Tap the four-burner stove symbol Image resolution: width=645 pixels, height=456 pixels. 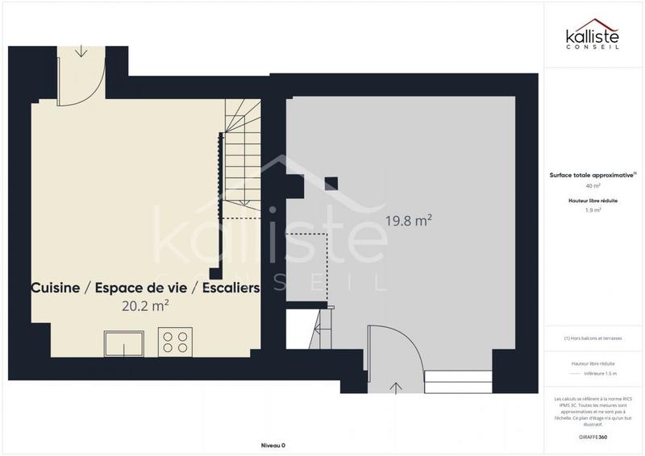pyautogui.click(x=177, y=341)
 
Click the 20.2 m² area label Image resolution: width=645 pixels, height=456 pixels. pyautogui.click(x=145, y=306)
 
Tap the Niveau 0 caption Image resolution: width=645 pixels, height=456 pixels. pyautogui.click(x=273, y=446)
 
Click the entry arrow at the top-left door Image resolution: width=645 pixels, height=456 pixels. pyautogui.click(x=81, y=51)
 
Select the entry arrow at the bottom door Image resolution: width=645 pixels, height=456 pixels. pyautogui.click(x=396, y=388)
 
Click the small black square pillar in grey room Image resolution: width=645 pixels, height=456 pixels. pyautogui.click(x=331, y=183)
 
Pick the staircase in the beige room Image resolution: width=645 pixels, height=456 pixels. pyautogui.click(x=242, y=161)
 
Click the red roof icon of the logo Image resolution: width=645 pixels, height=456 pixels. pyautogui.click(x=594, y=24)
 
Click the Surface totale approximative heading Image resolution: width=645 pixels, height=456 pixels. pyautogui.click(x=593, y=174)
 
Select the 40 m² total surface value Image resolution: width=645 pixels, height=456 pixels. pyautogui.click(x=593, y=185)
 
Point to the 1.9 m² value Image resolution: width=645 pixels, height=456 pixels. pyautogui.click(x=593, y=209)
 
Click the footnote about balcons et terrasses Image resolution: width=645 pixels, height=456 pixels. pyautogui.click(x=593, y=338)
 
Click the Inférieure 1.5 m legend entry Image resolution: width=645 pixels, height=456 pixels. pyautogui.click(x=600, y=374)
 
